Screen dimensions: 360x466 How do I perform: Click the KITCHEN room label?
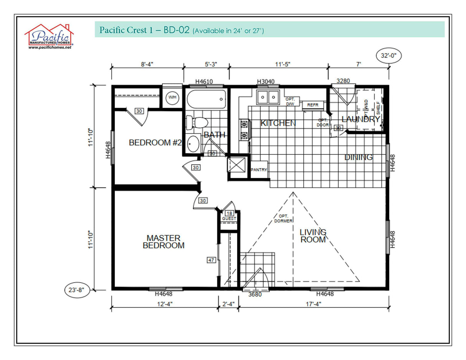(x=278, y=123)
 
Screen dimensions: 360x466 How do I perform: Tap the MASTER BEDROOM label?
(x=164, y=242)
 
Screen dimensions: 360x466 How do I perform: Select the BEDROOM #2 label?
(x=155, y=143)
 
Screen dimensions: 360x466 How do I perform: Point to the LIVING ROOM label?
(x=313, y=236)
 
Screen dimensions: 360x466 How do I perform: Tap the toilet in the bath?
(x=196, y=122)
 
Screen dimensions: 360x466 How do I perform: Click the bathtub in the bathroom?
(x=205, y=99)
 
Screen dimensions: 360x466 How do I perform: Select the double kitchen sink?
(x=268, y=97)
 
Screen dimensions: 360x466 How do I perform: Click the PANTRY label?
(x=259, y=170)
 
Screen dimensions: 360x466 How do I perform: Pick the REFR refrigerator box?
(x=313, y=105)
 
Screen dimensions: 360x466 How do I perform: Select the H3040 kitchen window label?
(x=265, y=81)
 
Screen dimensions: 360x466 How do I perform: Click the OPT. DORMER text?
(x=283, y=218)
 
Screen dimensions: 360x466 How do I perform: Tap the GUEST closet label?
(x=229, y=218)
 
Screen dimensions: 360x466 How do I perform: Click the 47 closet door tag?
(x=211, y=260)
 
